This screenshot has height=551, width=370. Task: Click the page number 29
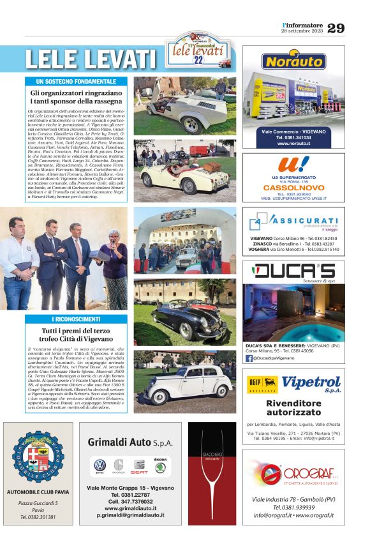336,28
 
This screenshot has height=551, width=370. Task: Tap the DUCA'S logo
294,271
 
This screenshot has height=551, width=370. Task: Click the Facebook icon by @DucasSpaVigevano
249,358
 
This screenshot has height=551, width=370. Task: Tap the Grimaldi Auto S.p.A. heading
130,442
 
